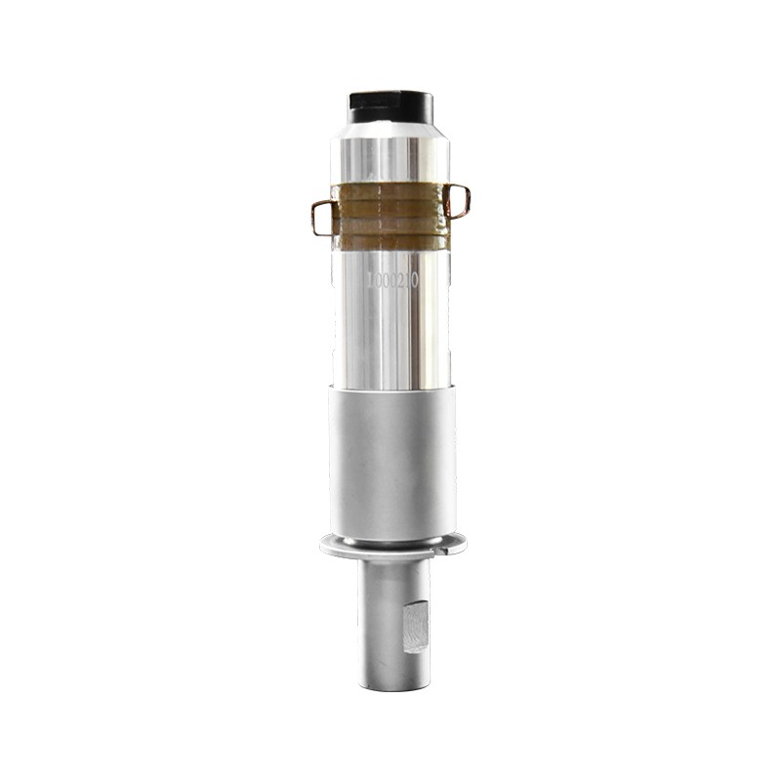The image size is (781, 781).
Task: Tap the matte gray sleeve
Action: [390, 459]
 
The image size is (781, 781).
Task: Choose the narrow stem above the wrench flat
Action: [389, 581]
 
